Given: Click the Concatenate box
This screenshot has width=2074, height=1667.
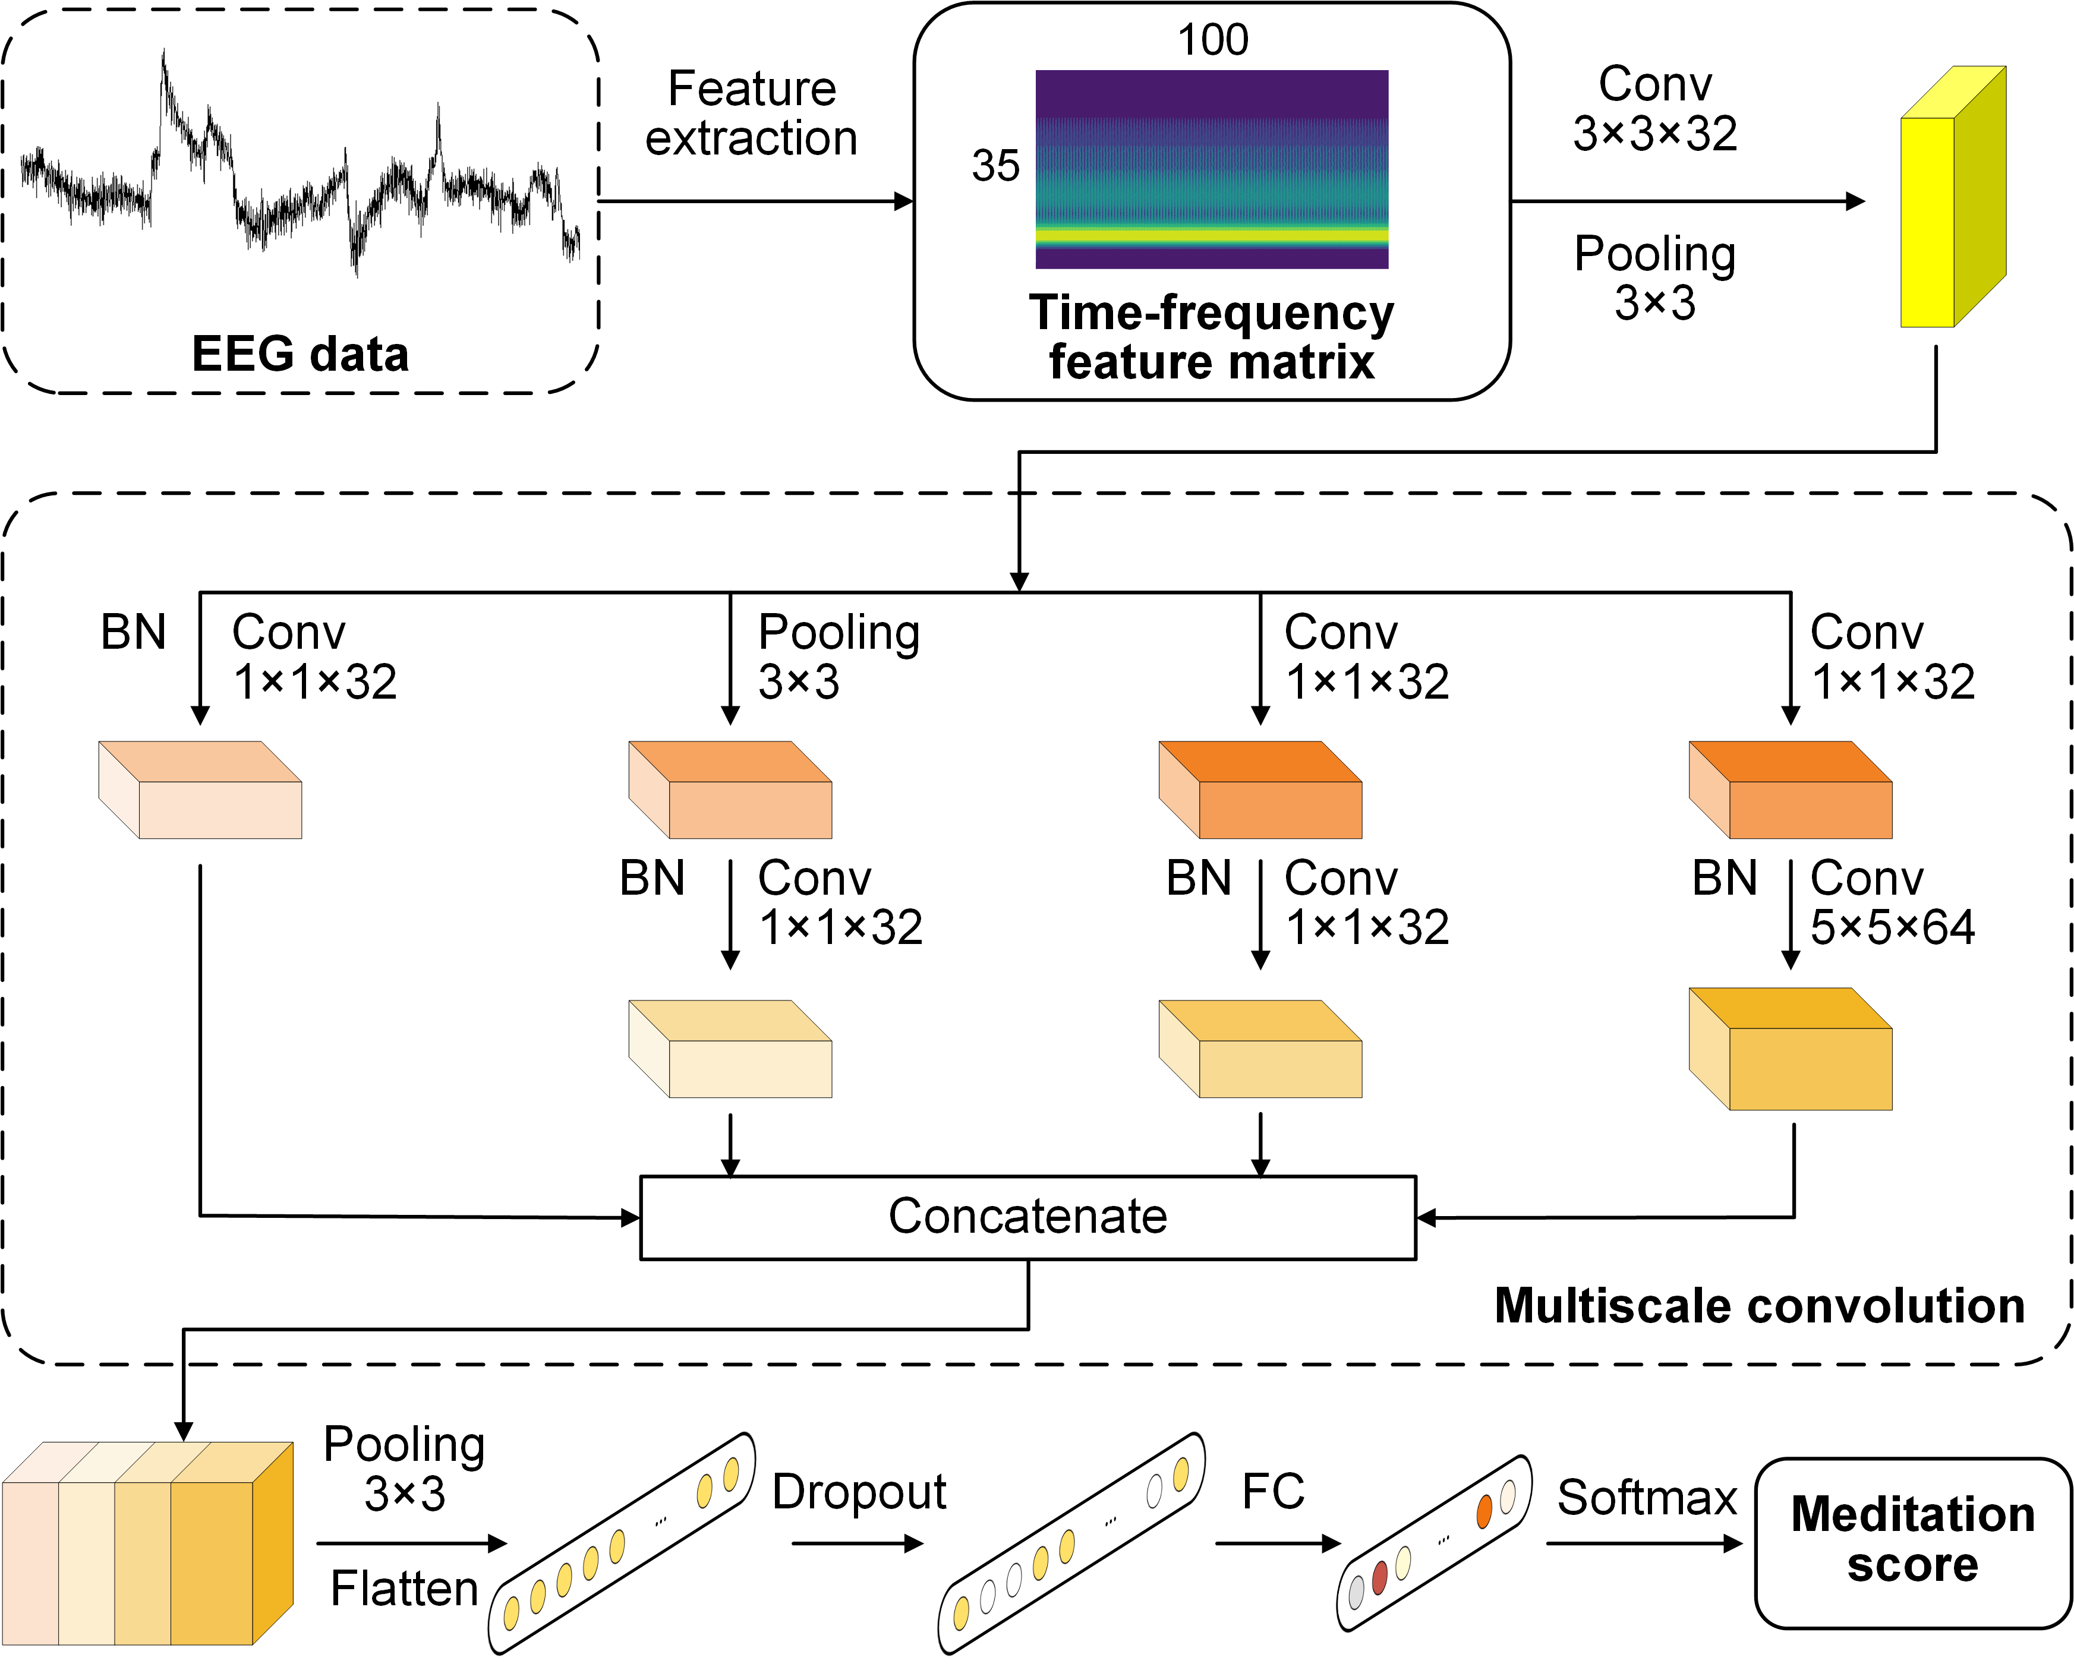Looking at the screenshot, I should click(x=1027, y=1217).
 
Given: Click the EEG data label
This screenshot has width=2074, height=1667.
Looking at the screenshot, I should click(x=300, y=354).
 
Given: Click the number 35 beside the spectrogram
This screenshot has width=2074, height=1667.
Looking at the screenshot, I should click(x=995, y=165).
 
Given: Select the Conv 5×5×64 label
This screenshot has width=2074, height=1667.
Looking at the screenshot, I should click(x=1891, y=902).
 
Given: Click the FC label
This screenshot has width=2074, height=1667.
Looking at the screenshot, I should click(x=1273, y=1492).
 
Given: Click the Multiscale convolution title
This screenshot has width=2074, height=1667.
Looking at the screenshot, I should click(x=1760, y=1306).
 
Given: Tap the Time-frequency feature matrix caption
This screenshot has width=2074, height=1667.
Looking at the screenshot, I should click(x=1211, y=337).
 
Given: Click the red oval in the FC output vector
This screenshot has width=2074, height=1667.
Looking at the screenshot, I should click(x=1379, y=1577).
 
